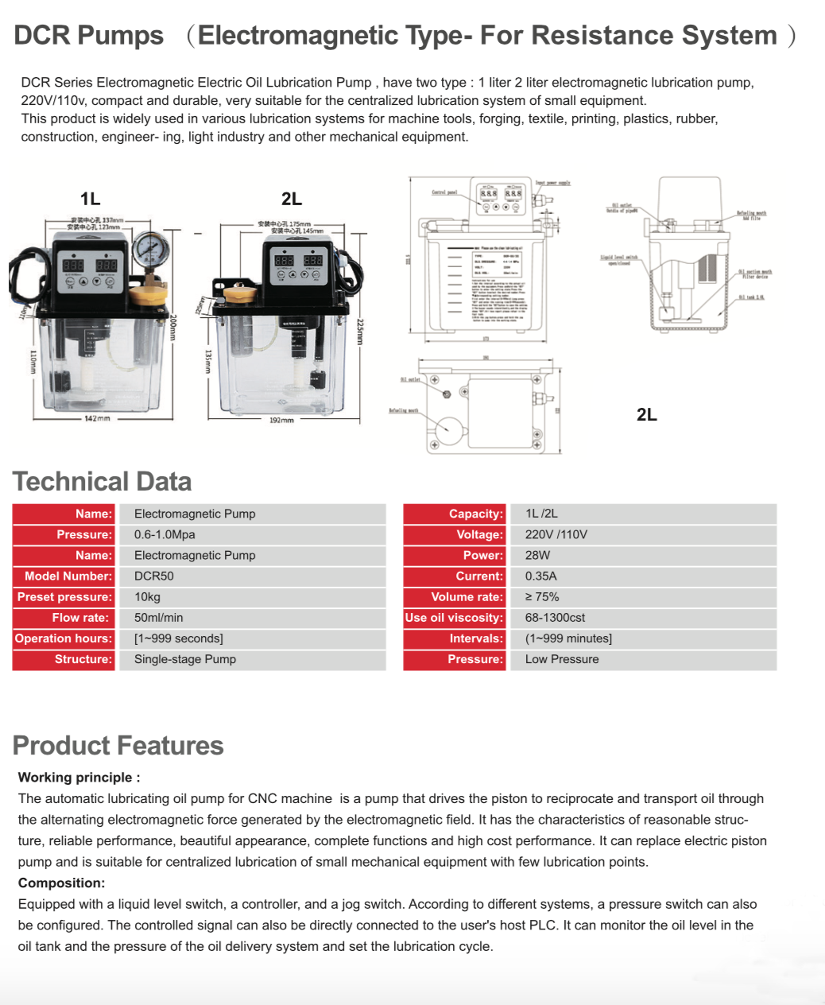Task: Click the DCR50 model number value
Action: (153, 576)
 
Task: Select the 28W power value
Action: (537, 556)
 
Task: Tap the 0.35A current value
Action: (540, 576)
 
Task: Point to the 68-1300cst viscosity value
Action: (555, 618)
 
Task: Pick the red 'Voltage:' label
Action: (479, 535)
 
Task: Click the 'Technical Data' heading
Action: (102, 482)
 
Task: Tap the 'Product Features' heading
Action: (118, 746)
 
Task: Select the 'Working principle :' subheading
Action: (79, 778)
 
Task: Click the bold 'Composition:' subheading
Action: (61, 883)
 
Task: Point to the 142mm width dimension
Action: (97, 418)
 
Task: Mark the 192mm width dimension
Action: (281, 420)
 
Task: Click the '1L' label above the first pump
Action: (90, 199)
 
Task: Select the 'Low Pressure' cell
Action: (562, 659)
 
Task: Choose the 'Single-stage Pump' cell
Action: (184, 659)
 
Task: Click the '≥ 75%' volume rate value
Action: (541, 597)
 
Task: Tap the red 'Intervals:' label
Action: (476, 638)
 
